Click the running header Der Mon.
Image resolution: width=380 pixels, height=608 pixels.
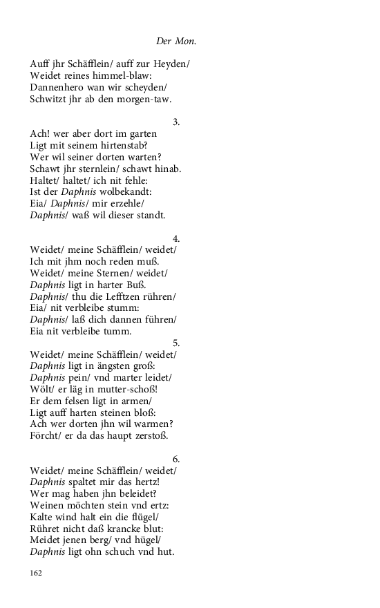tap(176, 41)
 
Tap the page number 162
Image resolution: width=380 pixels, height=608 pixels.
tap(37, 573)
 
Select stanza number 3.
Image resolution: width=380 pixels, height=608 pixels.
tap(176, 122)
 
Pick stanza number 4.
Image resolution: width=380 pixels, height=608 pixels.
tap(176, 238)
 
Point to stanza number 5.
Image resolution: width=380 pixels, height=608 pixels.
tap(176, 343)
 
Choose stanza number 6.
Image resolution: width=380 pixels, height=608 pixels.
tap(176, 459)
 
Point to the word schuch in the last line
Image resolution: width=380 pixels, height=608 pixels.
tap(123, 552)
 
